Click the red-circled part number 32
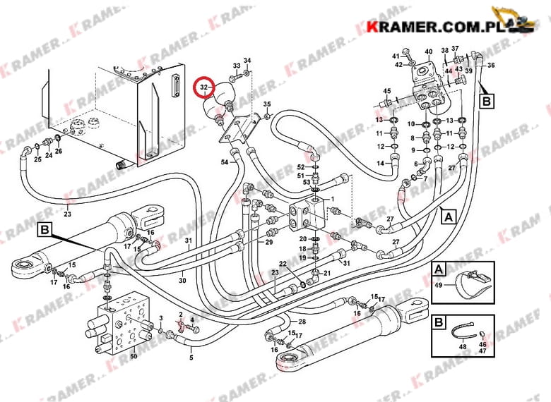204,87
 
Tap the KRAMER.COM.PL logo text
430,26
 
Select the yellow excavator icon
513,20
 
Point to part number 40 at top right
429,51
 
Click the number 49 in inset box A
439,285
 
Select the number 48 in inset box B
463,346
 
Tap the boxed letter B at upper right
487,101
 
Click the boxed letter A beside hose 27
447,218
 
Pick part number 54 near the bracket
224,163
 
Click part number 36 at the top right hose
491,66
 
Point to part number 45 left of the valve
386,91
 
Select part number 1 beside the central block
332,200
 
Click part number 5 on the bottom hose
190,358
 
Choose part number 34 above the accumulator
247,61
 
